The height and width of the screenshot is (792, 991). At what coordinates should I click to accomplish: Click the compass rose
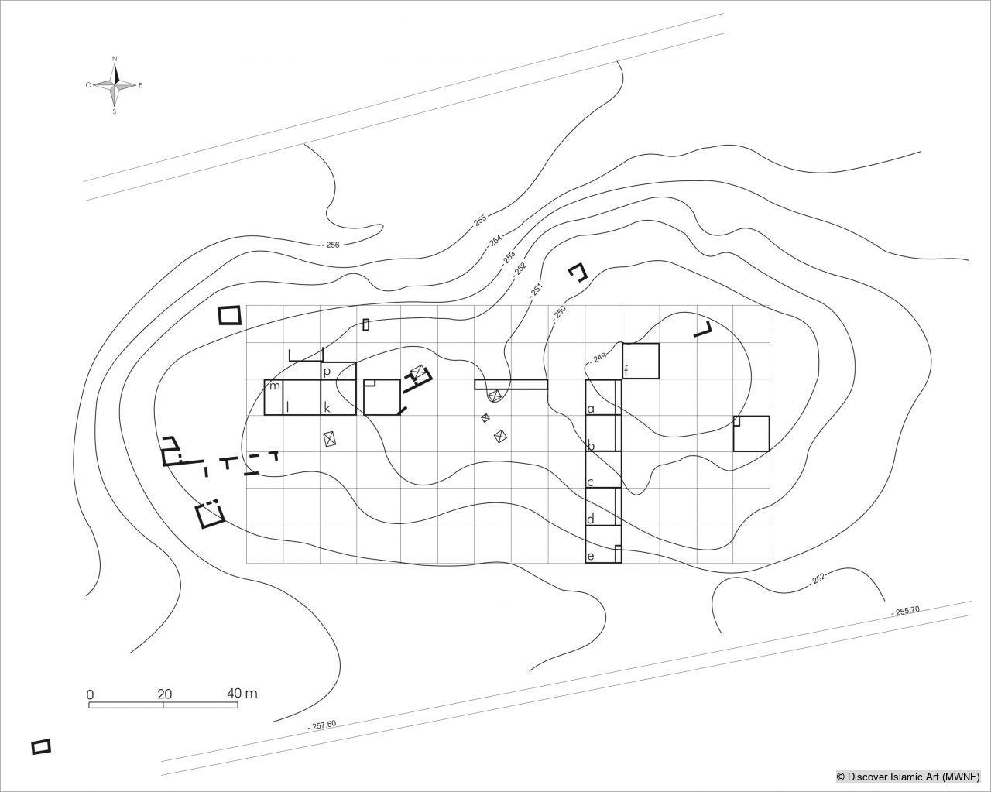click(115, 85)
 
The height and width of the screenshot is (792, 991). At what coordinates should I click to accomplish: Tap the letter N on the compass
click(115, 59)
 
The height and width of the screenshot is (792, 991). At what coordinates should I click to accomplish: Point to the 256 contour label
click(331, 245)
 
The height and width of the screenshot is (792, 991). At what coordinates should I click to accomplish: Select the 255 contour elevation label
click(478, 221)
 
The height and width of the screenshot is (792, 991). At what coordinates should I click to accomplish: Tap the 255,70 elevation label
click(905, 611)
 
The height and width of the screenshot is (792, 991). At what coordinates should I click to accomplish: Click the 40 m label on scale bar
click(242, 693)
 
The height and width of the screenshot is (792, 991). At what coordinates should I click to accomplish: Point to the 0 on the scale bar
click(90, 694)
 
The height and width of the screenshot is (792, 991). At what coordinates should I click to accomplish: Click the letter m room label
click(274, 386)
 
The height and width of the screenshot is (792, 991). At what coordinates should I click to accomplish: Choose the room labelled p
click(327, 372)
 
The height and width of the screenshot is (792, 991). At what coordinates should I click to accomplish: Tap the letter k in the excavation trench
click(327, 407)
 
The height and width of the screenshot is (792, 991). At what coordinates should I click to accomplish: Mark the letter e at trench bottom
click(591, 556)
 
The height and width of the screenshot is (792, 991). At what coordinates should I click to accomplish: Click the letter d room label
click(591, 519)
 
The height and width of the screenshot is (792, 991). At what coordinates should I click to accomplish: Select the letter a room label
click(591, 408)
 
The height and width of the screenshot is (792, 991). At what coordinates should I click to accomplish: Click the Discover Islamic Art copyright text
click(907, 776)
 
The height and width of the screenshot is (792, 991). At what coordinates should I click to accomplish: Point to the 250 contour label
click(559, 313)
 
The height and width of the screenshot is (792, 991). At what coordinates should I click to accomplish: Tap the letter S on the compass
click(115, 111)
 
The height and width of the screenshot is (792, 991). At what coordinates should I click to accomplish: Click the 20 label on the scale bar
click(164, 694)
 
